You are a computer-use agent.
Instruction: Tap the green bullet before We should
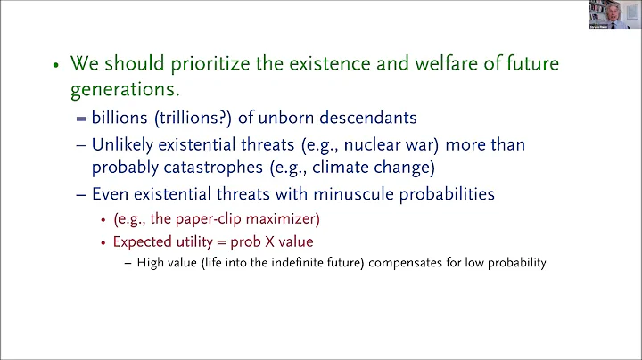pos(55,66)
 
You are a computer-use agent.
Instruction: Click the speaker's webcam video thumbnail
pos(614,15)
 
